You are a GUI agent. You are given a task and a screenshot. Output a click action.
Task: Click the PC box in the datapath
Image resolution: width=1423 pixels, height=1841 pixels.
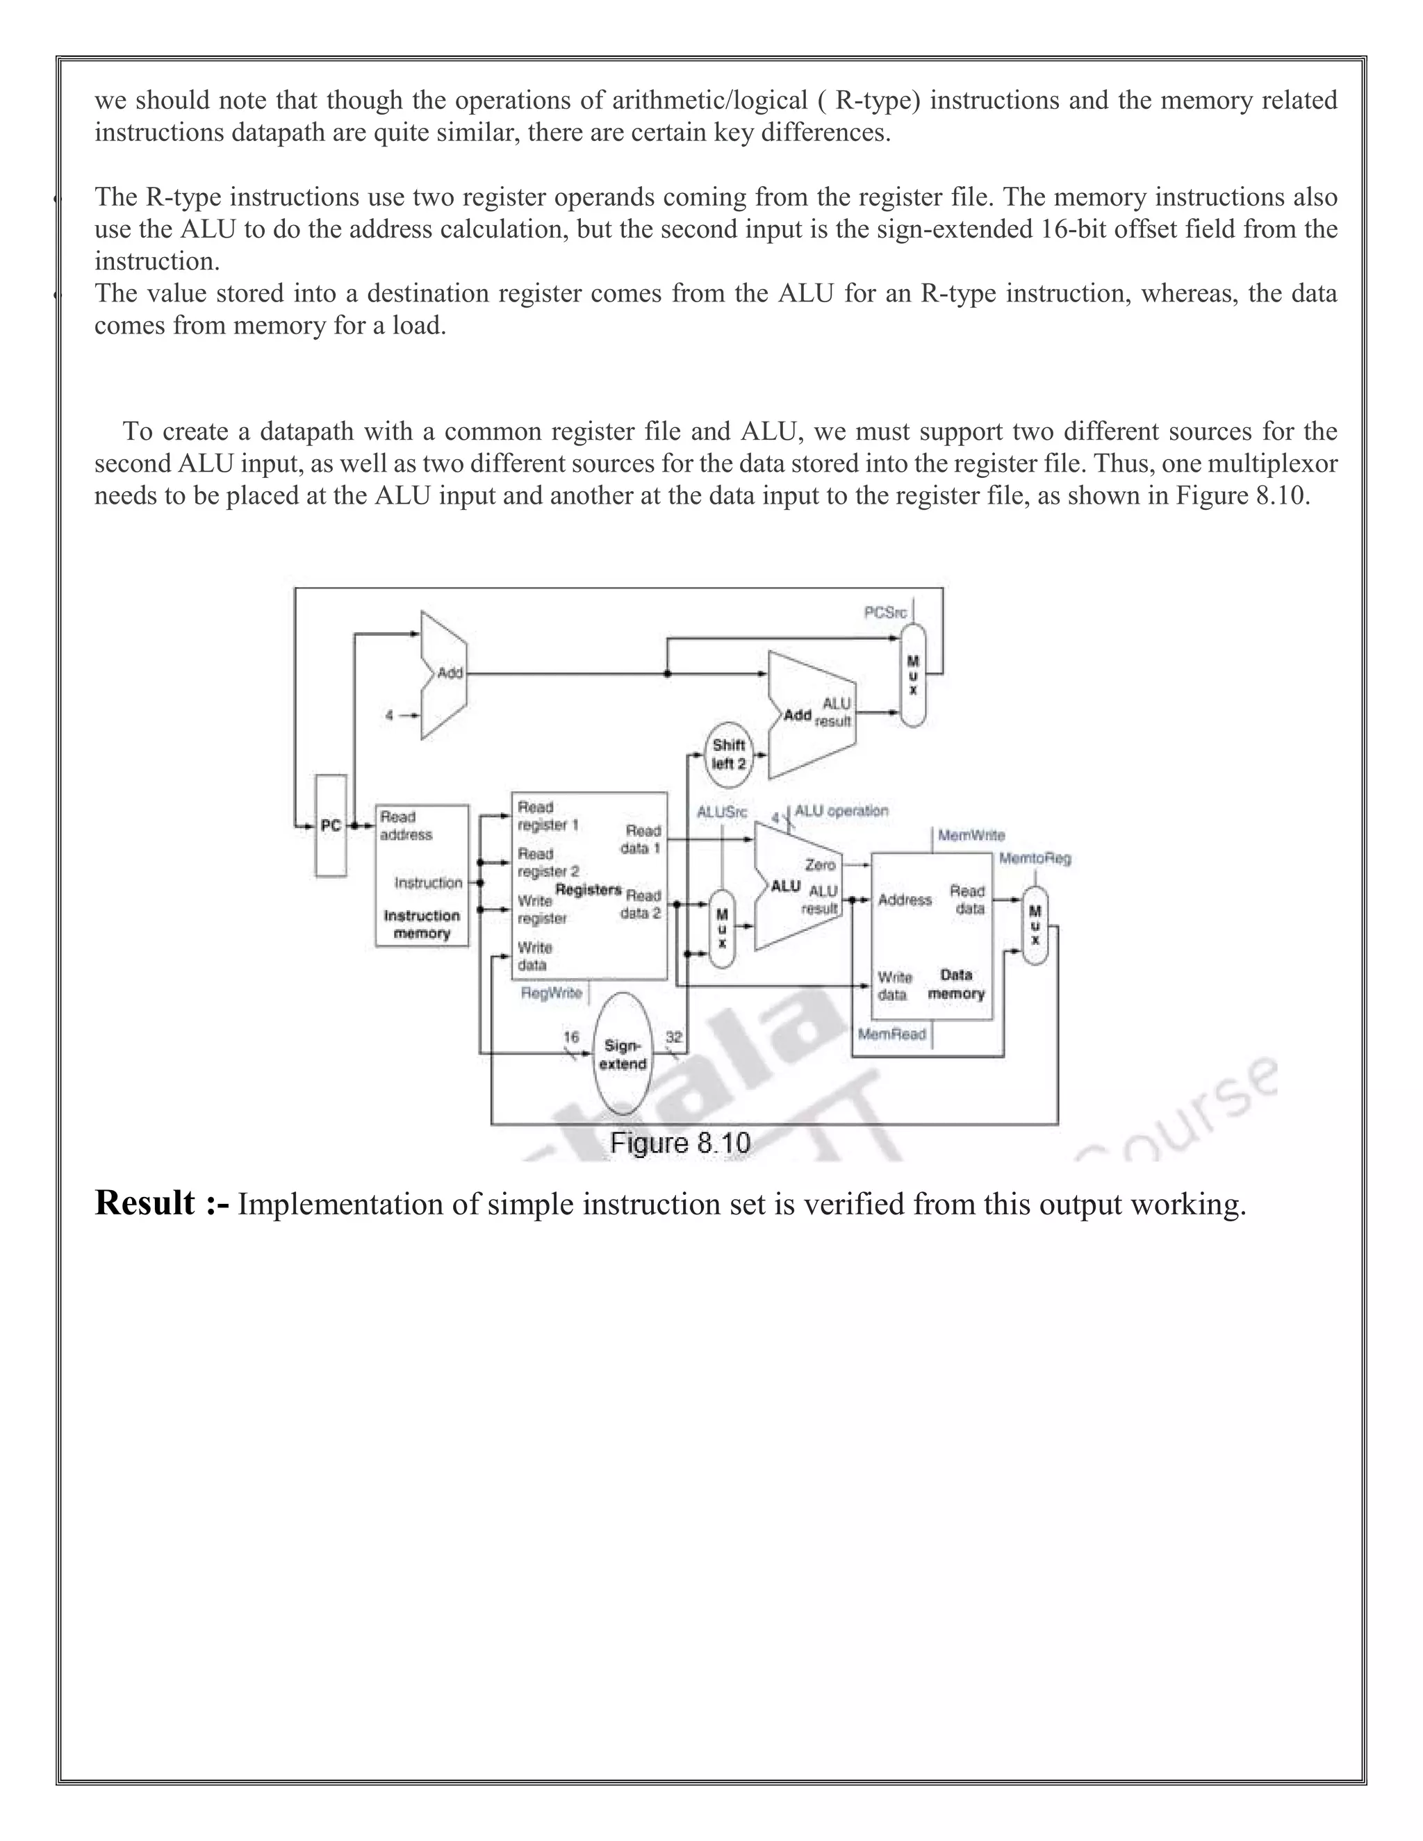pyautogui.click(x=331, y=826)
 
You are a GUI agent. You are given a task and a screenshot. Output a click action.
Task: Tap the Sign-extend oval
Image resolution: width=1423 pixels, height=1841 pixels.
pyautogui.click(x=623, y=1055)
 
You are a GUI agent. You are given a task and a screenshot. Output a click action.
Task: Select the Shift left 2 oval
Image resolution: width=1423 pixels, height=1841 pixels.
pyautogui.click(x=728, y=754)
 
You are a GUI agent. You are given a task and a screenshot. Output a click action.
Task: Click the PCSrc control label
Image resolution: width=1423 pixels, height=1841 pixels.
pyautogui.click(x=885, y=612)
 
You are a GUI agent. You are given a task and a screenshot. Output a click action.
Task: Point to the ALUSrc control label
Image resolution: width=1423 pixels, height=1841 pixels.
pyautogui.click(x=722, y=813)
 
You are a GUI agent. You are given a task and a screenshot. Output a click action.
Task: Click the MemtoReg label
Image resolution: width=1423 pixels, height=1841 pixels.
pyautogui.click(x=1035, y=859)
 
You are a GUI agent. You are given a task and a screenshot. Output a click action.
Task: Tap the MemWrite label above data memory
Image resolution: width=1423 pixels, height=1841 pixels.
pyautogui.click(x=971, y=835)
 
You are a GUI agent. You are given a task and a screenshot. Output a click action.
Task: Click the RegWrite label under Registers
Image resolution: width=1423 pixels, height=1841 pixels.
pyautogui.click(x=551, y=993)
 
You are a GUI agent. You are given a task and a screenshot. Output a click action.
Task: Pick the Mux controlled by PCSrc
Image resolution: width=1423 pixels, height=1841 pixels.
pyautogui.click(x=913, y=675)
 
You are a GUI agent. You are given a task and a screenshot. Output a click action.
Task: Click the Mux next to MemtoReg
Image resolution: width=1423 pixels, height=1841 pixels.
pyautogui.click(x=1035, y=925)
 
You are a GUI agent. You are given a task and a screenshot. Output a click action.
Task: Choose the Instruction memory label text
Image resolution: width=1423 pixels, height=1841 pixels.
pyautogui.click(x=422, y=924)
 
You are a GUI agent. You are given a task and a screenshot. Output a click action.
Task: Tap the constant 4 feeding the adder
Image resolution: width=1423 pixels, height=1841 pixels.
pyautogui.click(x=390, y=715)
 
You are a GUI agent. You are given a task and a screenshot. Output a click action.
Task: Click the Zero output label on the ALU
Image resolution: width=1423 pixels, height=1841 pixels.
pyautogui.click(x=819, y=865)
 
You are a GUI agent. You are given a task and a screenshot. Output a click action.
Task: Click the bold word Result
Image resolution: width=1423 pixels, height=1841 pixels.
pyautogui.click(x=145, y=1203)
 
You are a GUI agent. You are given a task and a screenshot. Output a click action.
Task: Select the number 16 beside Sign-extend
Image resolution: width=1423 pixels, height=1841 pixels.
pyautogui.click(x=570, y=1038)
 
